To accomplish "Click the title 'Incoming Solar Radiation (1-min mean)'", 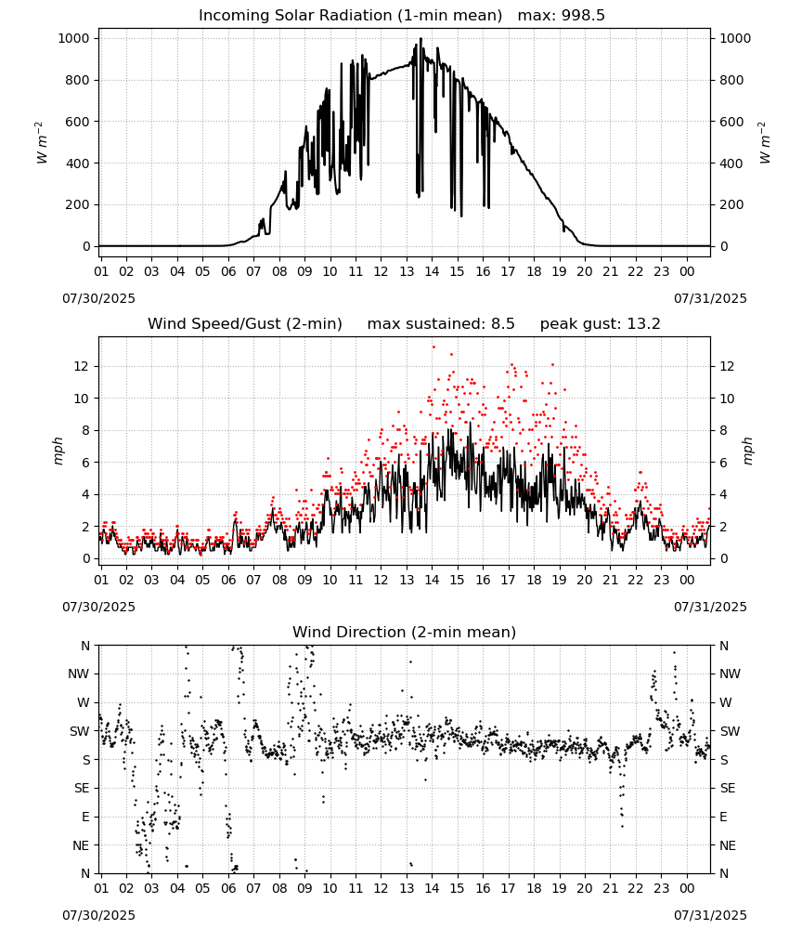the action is [350, 16].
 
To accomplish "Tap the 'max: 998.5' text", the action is [562, 16].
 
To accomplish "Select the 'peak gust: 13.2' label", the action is [601, 324].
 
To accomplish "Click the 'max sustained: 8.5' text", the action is [441, 324].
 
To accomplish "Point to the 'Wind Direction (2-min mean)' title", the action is [405, 632].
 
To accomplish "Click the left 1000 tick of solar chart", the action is [74, 38].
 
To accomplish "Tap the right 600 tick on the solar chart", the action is [731, 122].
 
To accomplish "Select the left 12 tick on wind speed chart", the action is [82, 366].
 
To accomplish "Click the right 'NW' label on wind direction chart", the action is [730, 674].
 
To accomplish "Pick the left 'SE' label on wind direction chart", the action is [82, 788].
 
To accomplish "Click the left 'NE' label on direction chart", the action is [81, 845].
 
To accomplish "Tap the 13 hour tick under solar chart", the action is [406, 271].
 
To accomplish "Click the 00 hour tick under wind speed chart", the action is [687, 580].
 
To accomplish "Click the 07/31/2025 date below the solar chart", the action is [710, 298].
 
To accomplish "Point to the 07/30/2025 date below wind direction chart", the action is [98, 915].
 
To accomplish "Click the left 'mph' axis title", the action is [58, 451].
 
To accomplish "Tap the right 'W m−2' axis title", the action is [764, 142].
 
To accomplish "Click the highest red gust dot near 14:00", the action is [433, 347].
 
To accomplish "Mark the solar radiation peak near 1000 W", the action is [420, 38].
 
